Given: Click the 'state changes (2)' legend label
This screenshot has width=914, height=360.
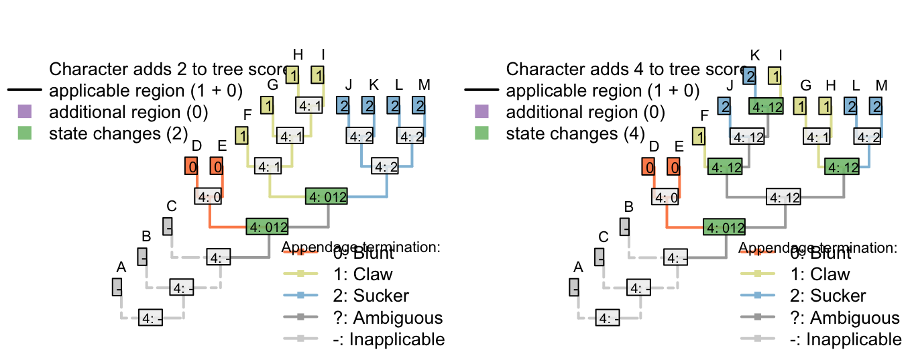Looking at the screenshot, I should [x=118, y=133].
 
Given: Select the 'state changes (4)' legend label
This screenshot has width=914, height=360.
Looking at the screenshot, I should [x=575, y=133].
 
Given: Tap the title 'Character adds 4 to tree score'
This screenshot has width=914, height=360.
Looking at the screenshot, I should [x=624, y=69].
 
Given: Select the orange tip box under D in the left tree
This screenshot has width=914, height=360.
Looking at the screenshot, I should [x=192, y=166].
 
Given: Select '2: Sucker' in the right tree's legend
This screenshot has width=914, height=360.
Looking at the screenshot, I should [x=828, y=296].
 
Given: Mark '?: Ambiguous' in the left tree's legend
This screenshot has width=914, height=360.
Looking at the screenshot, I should [x=388, y=318].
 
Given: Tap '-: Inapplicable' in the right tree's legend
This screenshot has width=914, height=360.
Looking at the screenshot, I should [x=846, y=339].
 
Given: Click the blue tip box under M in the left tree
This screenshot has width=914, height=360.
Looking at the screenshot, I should [x=419, y=105].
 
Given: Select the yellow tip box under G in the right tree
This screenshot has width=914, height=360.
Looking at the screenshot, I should [x=800, y=105].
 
